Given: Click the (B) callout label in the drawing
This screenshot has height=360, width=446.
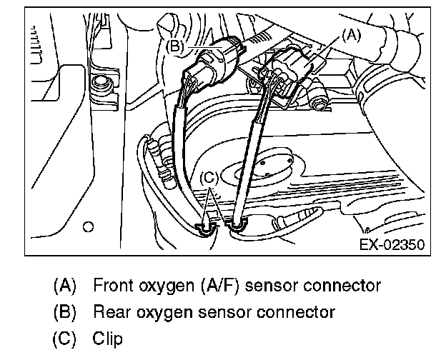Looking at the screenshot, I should pos(176,46).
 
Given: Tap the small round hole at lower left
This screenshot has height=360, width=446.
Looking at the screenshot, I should pos(88,227).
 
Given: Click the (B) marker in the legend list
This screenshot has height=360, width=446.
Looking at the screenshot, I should pos(65,312).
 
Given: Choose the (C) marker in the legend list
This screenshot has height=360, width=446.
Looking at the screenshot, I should pos(65,338).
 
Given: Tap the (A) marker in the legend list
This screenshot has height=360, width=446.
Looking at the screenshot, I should pos(65,286).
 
